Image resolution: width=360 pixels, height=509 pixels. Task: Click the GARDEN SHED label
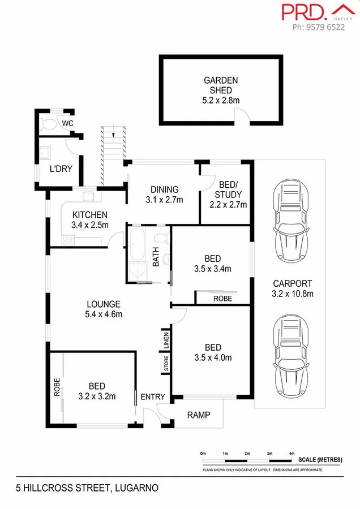(221, 85)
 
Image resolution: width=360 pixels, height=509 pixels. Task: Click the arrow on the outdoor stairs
(113, 133)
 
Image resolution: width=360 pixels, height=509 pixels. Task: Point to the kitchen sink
(88, 196)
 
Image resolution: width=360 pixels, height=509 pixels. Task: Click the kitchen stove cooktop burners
(68, 240)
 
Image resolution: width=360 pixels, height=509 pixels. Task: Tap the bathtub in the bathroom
(136, 244)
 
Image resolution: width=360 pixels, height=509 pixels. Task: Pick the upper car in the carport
(291, 221)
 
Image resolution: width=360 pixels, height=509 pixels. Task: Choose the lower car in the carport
(291, 356)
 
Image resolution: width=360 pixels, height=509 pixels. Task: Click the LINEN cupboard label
(166, 340)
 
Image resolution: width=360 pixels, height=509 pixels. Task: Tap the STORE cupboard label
(166, 363)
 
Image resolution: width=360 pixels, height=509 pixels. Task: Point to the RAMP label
(199, 415)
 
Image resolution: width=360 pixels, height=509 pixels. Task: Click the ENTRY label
(153, 396)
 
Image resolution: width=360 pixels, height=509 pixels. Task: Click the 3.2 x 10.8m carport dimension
(293, 294)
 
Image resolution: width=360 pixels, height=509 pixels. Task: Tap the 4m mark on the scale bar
(292, 454)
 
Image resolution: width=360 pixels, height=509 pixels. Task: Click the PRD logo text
(303, 12)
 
